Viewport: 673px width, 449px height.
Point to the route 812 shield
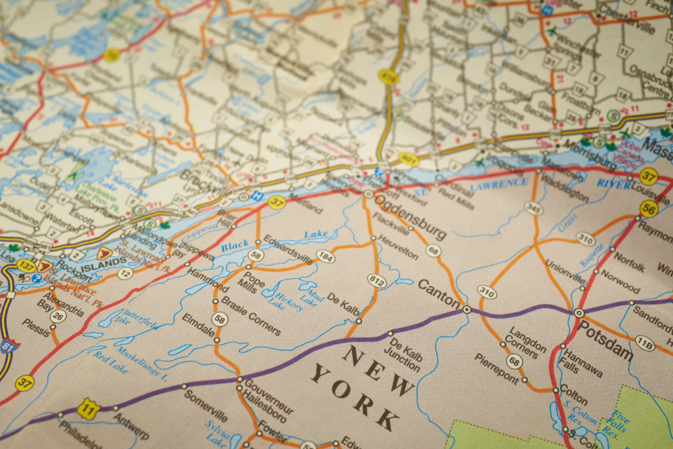pyautogui.click(x=376, y=281)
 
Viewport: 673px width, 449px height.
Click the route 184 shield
pyautogui.click(x=325, y=256)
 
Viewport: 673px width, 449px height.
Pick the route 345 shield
pyautogui.click(x=533, y=208)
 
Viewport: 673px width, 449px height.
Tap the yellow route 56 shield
pyautogui.click(x=648, y=208)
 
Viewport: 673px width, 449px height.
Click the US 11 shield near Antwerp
pyautogui.click(x=88, y=409)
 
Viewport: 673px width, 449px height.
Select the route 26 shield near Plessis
pyautogui.click(x=58, y=317)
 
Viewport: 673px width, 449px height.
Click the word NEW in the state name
pyautogui.click(x=369, y=361)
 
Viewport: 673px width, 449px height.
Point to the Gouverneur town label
pyautogui.click(x=269, y=397)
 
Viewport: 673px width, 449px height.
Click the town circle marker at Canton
pyautogui.click(x=467, y=308)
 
